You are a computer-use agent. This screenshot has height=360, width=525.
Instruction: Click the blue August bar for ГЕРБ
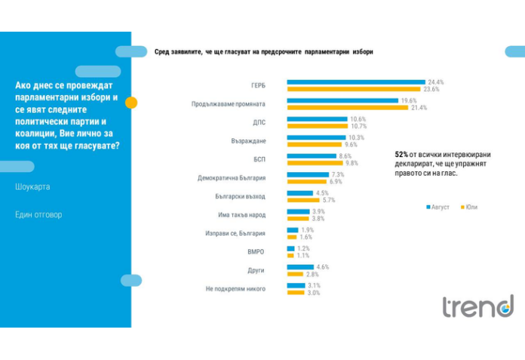[355, 82]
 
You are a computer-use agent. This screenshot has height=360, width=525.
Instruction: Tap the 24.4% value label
[435, 82]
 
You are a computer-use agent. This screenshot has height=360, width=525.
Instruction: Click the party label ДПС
[259, 122]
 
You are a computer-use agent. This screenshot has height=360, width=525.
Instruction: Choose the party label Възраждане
[248, 140]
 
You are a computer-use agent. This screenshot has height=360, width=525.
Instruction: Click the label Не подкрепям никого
[235, 289]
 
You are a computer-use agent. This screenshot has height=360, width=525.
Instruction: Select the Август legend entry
[440, 207]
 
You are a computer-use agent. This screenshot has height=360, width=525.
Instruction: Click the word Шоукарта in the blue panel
[32, 186]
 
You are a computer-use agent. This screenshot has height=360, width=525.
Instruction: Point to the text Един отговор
[38, 214]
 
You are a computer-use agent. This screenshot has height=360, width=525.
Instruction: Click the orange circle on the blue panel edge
[131, 103]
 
